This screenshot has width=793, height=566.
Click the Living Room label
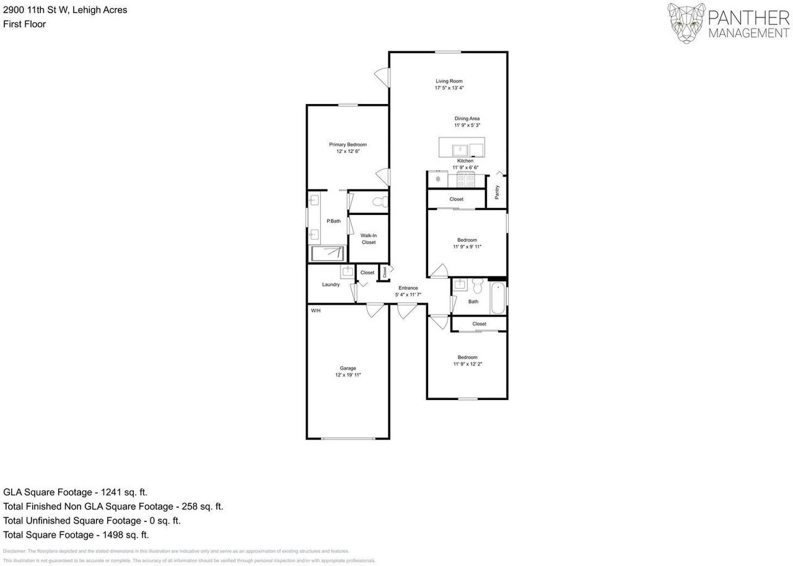[x=449, y=81]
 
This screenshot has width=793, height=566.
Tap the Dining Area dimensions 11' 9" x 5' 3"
[x=467, y=125]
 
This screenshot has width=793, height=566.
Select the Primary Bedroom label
[x=348, y=144]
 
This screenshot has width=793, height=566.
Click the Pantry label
[x=497, y=192]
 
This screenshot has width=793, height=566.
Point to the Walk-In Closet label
[x=369, y=238]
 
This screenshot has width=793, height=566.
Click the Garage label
[x=348, y=368]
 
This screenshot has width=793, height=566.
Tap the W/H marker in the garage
[x=315, y=310]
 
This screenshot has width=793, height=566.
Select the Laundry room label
[x=331, y=284]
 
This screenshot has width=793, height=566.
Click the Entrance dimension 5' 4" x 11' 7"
[x=408, y=295]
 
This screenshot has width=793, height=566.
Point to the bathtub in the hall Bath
[x=498, y=297]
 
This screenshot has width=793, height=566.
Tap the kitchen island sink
[x=460, y=149]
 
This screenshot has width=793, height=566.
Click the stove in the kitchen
[x=465, y=180]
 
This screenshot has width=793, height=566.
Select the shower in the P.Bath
[x=326, y=253]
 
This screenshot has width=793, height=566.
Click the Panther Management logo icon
[x=686, y=23]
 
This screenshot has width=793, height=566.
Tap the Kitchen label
[x=465, y=160]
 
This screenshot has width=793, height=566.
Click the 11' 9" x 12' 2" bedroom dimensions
[x=467, y=364]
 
